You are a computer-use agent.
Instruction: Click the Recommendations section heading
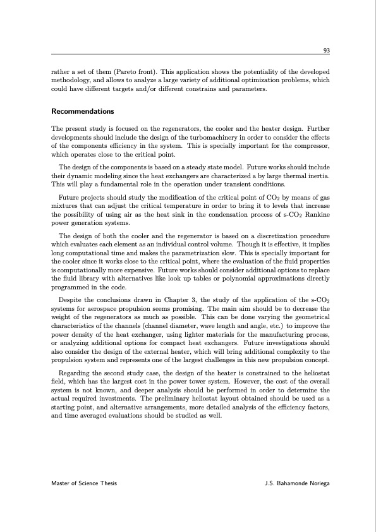[x=82, y=112]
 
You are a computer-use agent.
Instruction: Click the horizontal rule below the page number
[x=190, y=56]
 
